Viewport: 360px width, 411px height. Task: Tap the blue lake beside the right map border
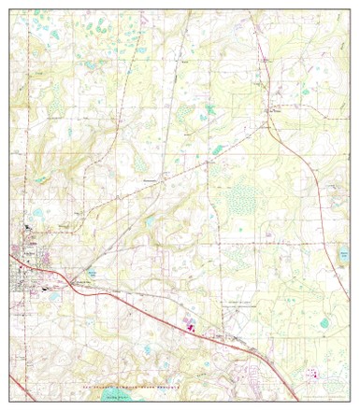(x=340, y=259)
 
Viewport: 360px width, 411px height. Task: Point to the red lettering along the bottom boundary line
(x=140, y=386)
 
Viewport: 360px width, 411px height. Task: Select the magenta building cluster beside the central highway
(x=190, y=327)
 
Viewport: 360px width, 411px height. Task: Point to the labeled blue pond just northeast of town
(x=92, y=273)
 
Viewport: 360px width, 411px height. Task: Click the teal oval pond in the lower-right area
(x=324, y=323)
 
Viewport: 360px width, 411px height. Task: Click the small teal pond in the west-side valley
(x=39, y=179)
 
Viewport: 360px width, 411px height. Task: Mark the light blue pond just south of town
(x=54, y=297)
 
